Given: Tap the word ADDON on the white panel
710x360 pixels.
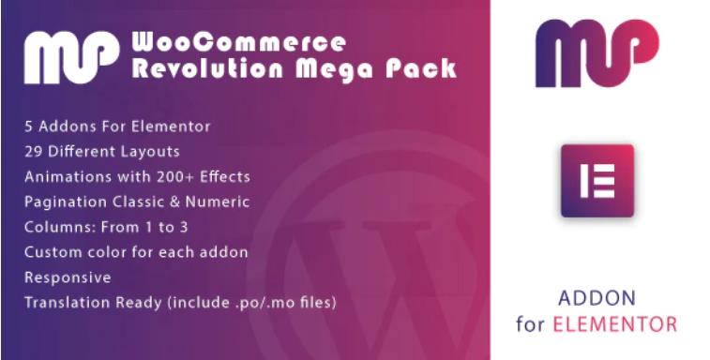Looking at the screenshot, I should click(x=596, y=298).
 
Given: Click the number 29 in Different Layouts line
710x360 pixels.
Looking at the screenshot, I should click(x=34, y=151).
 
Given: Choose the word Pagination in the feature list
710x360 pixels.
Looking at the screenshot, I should click(x=64, y=202).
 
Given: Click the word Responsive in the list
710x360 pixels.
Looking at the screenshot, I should click(x=68, y=277).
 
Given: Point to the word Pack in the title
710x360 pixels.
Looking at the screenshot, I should click(x=429, y=68).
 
